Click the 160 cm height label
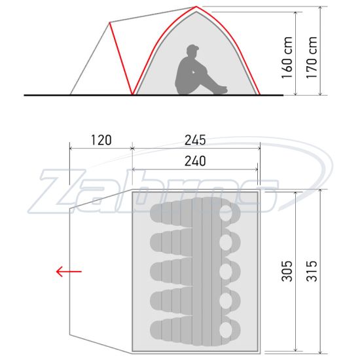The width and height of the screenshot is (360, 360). click(x=287, y=58)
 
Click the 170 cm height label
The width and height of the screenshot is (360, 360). click(x=312, y=58)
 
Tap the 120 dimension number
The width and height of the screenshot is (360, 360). click(x=101, y=140)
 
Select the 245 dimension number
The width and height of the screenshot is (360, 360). click(x=195, y=140)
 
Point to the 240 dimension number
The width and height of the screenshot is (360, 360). click(x=195, y=161)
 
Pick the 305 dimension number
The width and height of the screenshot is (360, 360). click(x=287, y=271)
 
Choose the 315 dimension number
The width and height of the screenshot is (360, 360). click(x=312, y=271)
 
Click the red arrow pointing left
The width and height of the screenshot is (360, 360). click(x=69, y=272)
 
